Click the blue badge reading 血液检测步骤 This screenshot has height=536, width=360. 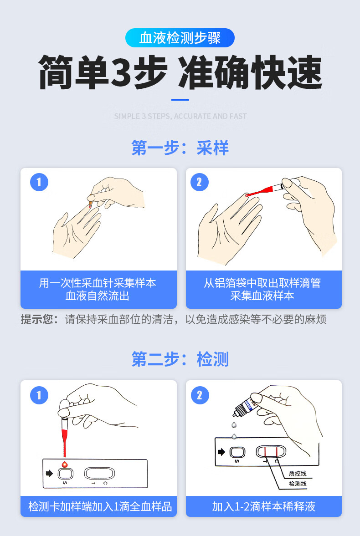[x=180, y=38]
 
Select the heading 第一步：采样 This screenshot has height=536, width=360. [x=180, y=148]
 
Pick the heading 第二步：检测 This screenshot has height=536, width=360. [x=180, y=359]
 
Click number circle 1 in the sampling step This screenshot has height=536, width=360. [x=39, y=182]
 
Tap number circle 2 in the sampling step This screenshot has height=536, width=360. [x=199, y=182]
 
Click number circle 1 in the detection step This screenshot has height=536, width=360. [x=39, y=395]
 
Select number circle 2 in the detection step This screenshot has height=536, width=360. [x=199, y=395]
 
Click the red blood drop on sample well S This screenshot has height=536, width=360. [x=64, y=465]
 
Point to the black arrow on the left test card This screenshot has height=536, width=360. [x=49, y=474]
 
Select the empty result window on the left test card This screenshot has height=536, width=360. [x=99, y=473]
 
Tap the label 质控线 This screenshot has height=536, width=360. [x=298, y=474]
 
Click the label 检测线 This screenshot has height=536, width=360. [x=298, y=484]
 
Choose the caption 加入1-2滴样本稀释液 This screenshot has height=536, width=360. [x=263, y=506]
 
